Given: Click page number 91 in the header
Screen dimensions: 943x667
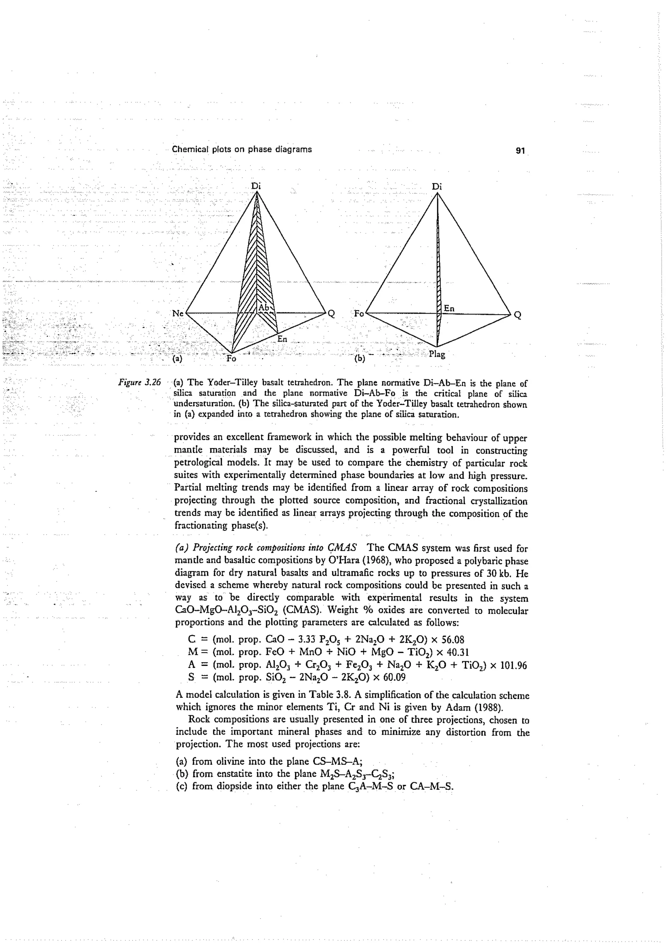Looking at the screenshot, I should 520,151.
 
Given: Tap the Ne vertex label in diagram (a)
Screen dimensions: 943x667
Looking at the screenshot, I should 177,313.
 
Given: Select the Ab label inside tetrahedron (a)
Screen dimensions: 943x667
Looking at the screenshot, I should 263,308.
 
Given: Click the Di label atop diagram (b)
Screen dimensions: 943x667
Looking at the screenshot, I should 436,187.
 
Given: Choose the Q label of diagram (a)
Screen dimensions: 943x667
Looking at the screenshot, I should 331,315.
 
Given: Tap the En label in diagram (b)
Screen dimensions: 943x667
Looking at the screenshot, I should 449,309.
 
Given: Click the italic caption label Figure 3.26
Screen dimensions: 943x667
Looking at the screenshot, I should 139,383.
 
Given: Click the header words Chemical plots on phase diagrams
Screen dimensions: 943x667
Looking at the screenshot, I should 242,149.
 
